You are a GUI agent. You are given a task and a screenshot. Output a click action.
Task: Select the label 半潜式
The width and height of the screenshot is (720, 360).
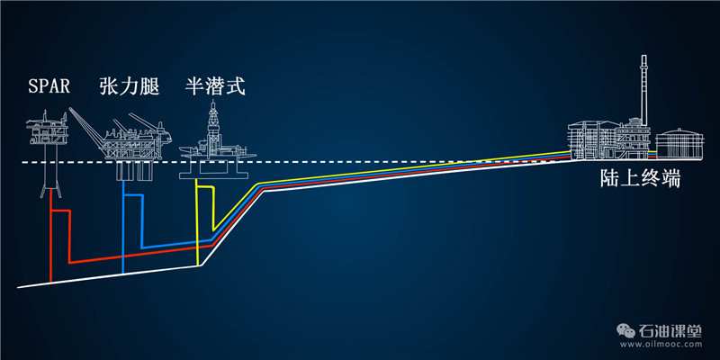click(214, 87)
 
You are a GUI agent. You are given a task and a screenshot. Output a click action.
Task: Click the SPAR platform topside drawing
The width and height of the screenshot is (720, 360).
click(45, 130)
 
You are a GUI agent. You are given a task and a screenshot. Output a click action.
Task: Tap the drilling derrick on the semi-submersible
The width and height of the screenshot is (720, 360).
click(212, 121)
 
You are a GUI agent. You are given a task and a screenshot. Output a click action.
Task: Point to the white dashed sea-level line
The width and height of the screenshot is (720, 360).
click(360, 163)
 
